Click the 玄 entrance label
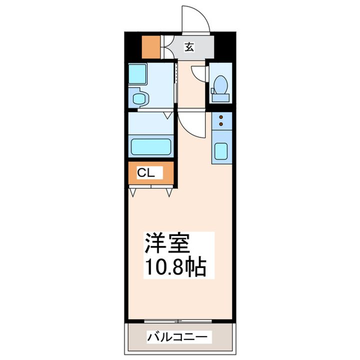(x=189, y=47)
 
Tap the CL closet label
(x=146, y=172)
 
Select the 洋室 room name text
(x=167, y=243)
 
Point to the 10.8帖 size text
(x=175, y=267)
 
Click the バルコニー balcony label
(x=177, y=337)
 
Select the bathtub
(x=151, y=146)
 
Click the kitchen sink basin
(x=221, y=151)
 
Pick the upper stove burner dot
(x=221, y=117)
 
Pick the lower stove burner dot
(x=221, y=124)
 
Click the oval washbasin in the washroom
(x=139, y=98)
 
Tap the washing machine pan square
(x=137, y=74)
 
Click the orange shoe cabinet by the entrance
(x=151, y=47)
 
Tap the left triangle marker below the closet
(x=132, y=192)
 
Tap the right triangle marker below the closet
(x=169, y=192)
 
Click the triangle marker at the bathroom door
(x=168, y=115)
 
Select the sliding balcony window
(x=178, y=321)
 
